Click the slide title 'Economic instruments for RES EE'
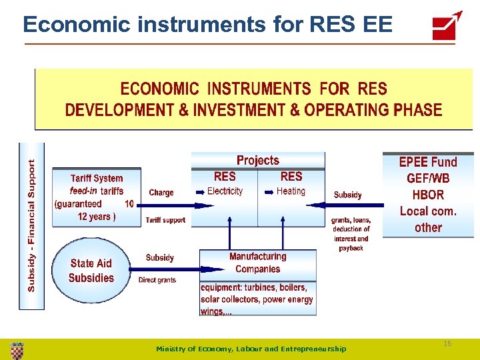(207, 25)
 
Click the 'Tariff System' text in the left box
(97, 178)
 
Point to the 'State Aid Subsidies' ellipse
(91, 271)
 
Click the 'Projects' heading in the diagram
(258, 161)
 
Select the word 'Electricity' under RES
(225, 191)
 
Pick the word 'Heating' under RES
(291, 191)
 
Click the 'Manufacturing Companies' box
(257, 263)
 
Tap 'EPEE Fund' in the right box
(428, 162)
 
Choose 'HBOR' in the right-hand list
(428, 195)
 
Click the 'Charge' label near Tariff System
(161, 193)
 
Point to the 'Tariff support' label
(165, 220)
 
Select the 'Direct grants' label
(157, 280)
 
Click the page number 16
(447, 343)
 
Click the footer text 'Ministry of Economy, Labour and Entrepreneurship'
(251, 349)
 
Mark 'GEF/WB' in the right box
(428, 179)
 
